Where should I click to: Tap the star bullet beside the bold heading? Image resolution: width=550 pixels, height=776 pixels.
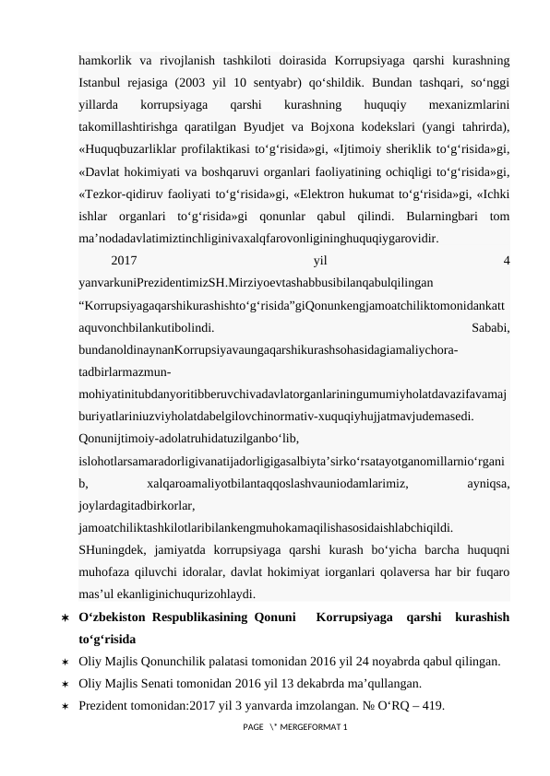(x=57, y=616)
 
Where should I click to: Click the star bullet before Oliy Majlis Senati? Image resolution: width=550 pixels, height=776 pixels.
(x=57, y=684)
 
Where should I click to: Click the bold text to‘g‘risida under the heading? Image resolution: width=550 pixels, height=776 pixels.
(x=108, y=638)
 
